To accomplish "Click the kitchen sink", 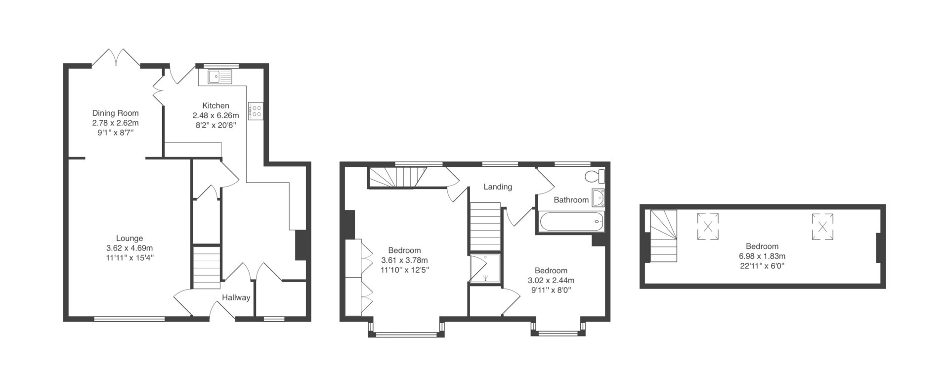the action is [x=220, y=77].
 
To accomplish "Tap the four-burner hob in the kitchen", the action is [x=256, y=110].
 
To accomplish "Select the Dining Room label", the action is [x=116, y=113].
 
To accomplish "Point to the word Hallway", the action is [x=236, y=298].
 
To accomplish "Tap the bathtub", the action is [x=571, y=222].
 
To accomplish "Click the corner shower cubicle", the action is [x=485, y=269].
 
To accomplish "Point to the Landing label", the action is [x=498, y=187].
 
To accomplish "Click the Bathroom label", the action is [x=571, y=200].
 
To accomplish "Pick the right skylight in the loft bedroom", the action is [x=822, y=227].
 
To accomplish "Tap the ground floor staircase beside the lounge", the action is [x=206, y=267].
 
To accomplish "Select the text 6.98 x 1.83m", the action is [x=762, y=256].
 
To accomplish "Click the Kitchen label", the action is [x=216, y=106].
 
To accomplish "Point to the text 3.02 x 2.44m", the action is [x=551, y=280].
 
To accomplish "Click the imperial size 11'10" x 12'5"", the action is [x=404, y=270].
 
